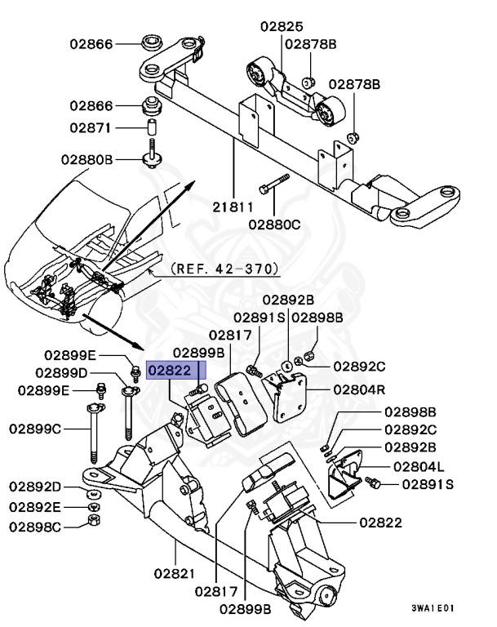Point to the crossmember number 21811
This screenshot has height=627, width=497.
[233, 208]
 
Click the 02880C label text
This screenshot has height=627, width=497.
[274, 222]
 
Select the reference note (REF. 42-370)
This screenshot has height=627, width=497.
[225, 268]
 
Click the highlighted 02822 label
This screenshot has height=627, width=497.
[171, 371]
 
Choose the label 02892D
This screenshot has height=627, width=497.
[36, 487]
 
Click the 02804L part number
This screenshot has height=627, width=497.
[419, 466]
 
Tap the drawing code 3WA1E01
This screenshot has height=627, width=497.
[433, 607]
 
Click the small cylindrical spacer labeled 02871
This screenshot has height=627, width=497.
[151, 128]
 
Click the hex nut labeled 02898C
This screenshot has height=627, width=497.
[93, 520]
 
